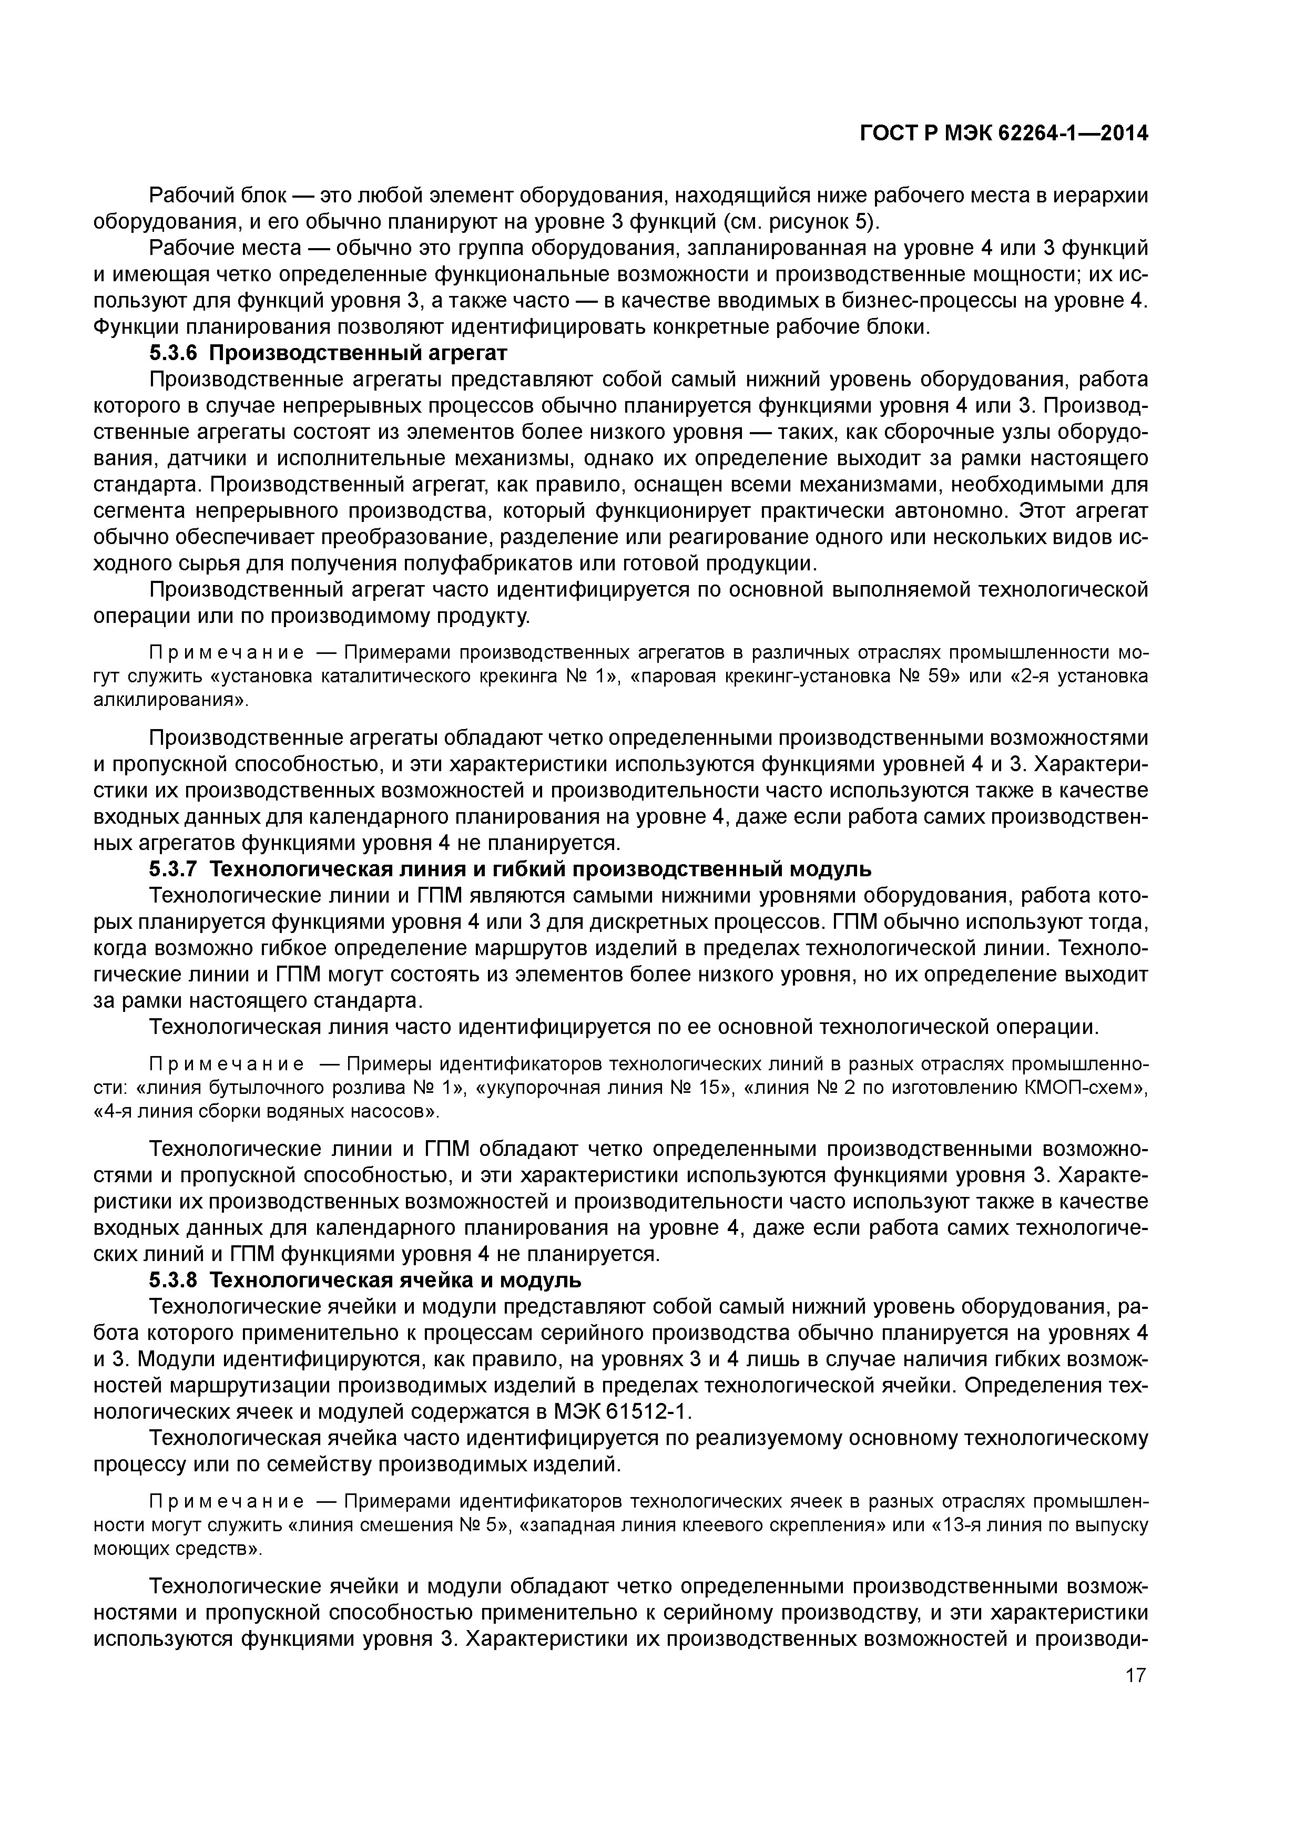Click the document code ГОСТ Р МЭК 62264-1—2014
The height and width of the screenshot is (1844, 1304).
pos(1004,134)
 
